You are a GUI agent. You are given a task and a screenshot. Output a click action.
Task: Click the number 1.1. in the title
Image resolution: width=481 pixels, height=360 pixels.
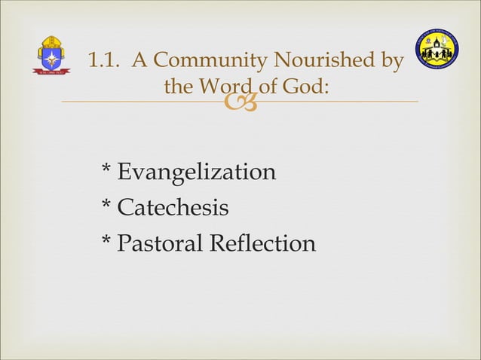click(x=105, y=60)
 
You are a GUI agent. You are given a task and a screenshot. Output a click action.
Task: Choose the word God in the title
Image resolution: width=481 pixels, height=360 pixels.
click(x=306, y=87)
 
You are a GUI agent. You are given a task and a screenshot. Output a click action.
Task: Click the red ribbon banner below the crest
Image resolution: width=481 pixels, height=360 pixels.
click(x=51, y=72)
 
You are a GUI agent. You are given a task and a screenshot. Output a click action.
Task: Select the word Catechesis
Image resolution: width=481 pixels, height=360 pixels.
click(x=173, y=207)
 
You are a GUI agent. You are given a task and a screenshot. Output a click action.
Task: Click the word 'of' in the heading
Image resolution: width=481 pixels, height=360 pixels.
click(x=269, y=87)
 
